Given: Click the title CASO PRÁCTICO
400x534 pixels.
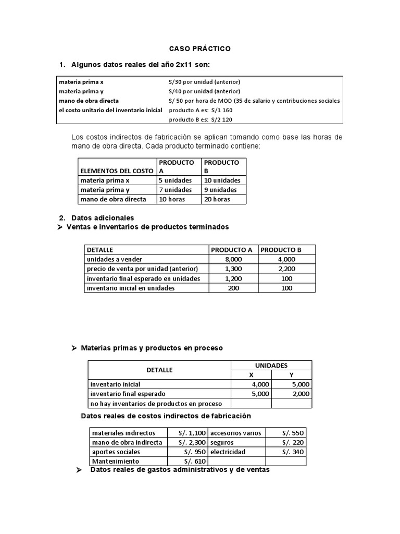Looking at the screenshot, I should coord(200,48).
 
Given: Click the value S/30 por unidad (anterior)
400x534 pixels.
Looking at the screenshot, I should coord(204,82).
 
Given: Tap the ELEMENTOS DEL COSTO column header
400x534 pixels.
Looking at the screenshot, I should coord(117,171).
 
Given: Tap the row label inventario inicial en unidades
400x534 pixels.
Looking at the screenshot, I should coord(131,288).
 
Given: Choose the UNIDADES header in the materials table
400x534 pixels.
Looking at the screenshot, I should coord(271,366).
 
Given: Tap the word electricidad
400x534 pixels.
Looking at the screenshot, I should coord(228,452).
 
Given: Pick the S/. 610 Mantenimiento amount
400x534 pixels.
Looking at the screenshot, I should coord(195,462).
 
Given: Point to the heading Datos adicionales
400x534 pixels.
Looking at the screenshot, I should coord(103,217).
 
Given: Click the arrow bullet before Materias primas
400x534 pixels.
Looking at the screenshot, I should coord(74,348).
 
